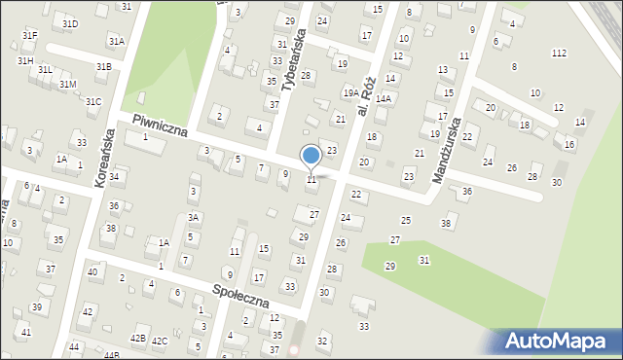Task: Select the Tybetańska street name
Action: [x=293, y=59]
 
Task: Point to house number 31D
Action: [x=70, y=23]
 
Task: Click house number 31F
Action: [x=29, y=36]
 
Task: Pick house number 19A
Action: [x=350, y=92]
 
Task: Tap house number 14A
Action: [x=384, y=98]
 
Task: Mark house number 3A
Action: [x=194, y=218]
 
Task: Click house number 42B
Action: [x=138, y=339]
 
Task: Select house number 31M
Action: [x=67, y=85]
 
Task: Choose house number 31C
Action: [x=93, y=101]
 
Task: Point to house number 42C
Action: [x=160, y=341]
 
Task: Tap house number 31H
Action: [x=25, y=60]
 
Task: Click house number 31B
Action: [x=103, y=66]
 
